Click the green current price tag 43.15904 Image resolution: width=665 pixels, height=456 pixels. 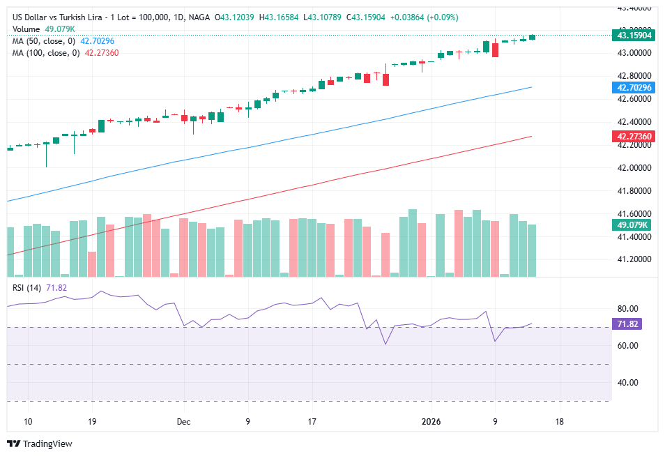634,35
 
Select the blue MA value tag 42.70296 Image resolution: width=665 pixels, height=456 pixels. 634,88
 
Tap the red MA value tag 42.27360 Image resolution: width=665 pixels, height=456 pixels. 634,137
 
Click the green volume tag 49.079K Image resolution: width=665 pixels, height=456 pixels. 633,225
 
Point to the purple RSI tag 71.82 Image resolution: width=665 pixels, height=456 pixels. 629,324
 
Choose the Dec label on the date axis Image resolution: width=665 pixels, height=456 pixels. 183,422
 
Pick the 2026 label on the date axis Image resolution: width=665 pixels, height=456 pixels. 431,422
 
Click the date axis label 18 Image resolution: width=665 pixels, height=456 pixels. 559,422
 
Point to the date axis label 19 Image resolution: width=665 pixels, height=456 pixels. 92,422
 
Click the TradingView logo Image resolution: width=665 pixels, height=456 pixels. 40,443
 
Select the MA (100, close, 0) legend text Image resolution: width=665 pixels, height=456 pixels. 46,52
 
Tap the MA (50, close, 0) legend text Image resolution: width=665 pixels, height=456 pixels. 44,41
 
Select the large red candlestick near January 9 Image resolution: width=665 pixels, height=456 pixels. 495,50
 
